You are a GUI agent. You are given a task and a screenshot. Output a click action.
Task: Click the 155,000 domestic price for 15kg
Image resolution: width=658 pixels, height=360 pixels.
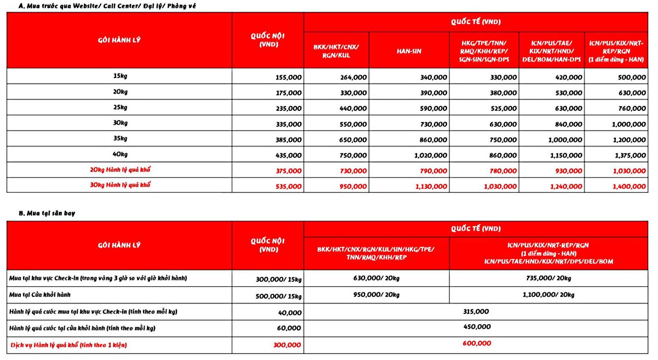288,77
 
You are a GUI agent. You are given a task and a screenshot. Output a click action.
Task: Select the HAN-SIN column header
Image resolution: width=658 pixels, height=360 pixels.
408,51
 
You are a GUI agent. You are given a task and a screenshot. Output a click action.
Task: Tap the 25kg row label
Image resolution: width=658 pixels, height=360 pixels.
120,107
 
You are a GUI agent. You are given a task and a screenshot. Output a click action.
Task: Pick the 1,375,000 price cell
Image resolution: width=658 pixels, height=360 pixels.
630,155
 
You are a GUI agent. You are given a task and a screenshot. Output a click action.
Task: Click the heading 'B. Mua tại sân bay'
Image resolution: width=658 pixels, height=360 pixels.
47,213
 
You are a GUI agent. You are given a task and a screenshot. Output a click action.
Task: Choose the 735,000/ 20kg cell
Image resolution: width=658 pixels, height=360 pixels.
548,278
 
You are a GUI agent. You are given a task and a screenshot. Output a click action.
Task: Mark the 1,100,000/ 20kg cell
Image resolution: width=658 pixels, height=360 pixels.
548,295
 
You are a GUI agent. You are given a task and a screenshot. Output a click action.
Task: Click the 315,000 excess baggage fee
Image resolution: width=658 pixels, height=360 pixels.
476,312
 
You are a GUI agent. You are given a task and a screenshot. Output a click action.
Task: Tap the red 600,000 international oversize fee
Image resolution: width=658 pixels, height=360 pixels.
476,344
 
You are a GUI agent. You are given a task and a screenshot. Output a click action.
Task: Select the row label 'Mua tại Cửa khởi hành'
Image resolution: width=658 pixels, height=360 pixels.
40,295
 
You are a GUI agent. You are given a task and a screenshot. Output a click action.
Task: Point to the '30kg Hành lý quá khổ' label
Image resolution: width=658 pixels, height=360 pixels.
120,185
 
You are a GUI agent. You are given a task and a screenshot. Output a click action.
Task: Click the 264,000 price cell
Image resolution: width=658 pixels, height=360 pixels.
353,77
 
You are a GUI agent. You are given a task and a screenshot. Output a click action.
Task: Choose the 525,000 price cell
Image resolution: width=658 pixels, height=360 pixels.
503,109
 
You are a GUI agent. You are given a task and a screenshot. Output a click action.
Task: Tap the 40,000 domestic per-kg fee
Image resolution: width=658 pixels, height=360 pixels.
290,313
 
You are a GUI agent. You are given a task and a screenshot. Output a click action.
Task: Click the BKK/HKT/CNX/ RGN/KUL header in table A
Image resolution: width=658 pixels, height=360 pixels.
336,51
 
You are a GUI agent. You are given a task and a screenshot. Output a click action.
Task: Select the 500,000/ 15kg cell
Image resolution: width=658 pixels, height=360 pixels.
278,296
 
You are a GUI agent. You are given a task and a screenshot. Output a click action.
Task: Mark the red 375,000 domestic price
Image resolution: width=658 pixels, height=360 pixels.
288,171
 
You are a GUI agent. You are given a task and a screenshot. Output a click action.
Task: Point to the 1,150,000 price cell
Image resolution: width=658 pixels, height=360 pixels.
566,155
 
